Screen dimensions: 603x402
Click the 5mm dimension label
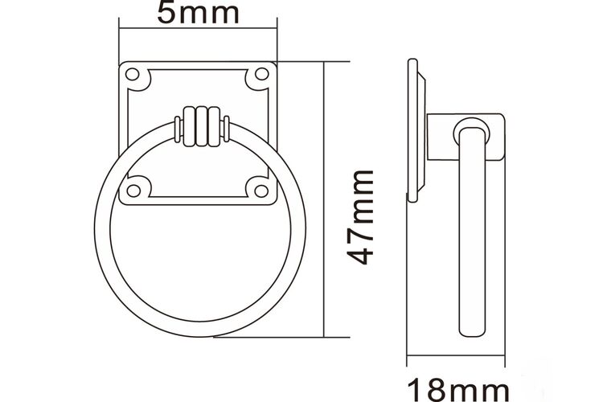198,12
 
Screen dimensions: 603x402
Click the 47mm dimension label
360,217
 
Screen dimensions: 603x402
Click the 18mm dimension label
457,390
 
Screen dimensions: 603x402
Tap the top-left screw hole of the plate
132,74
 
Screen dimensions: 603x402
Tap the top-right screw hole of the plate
262,74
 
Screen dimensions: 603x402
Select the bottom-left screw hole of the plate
133,191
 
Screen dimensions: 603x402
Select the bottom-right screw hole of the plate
261,191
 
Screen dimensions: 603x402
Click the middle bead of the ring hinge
202,127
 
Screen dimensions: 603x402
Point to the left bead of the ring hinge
190,127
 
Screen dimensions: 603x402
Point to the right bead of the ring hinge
214,127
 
